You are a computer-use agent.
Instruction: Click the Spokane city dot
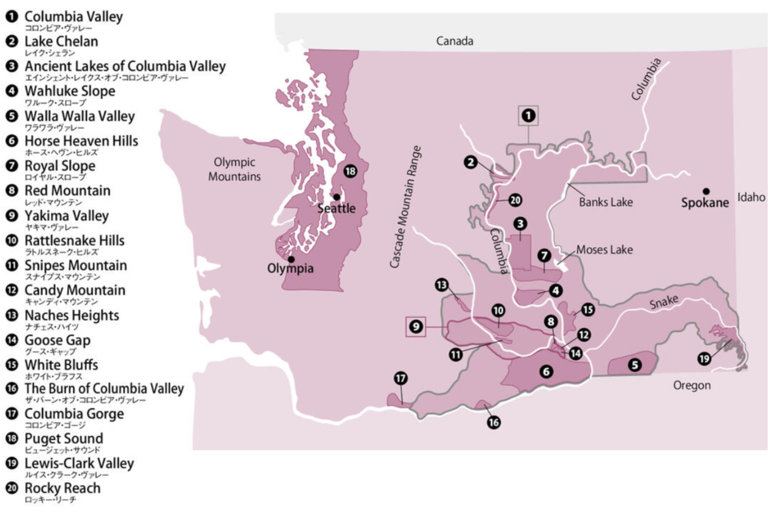coord(706,191)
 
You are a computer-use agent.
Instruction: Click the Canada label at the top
coord(454,41)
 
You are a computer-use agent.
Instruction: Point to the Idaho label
coord(751,197)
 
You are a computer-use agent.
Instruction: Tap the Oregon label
coord(692,385)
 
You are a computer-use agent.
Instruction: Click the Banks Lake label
coord(606,202)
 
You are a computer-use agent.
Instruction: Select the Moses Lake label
coord(604,250)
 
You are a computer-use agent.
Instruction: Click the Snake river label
coord(665,300)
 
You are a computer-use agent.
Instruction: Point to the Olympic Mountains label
coord(234,169)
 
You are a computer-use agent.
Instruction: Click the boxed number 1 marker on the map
coord(528,115)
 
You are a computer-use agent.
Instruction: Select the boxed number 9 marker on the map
coord(416,327)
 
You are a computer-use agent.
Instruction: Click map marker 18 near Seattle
coord(350,171)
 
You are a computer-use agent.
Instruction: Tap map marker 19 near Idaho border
coord(704,359)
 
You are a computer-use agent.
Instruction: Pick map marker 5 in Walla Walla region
coord(635,365)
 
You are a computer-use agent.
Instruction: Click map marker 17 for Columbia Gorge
coord(401,379)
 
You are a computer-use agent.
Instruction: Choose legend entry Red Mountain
coord(67,191)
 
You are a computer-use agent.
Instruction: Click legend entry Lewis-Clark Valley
coord(78,464)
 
